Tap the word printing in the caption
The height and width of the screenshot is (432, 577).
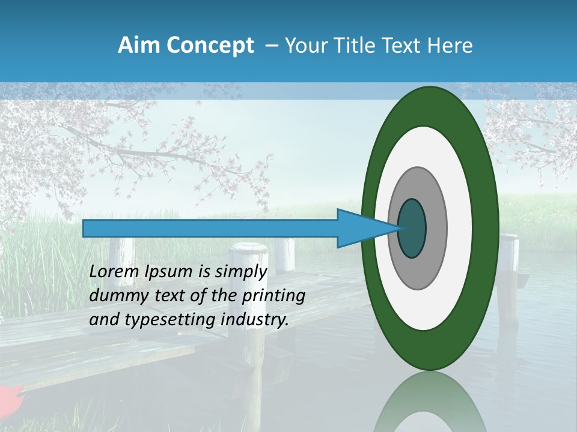[x=274, y=296]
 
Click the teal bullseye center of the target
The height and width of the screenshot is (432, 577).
[x=412, y=228]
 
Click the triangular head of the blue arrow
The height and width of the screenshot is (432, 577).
[x=361, y=228]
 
